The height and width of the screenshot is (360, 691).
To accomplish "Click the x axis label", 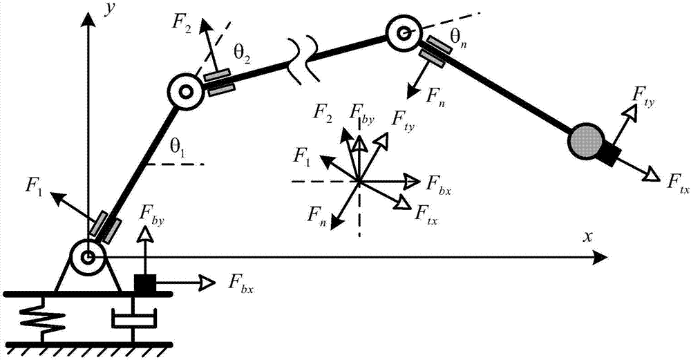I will (x=587, y=236).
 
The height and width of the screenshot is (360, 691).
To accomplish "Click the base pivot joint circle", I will (x=88, y=258).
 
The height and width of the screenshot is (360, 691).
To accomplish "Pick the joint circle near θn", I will (x=403, y=32).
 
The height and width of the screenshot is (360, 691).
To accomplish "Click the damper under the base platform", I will (x=134, y=319).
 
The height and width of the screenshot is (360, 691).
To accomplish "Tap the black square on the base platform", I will (x=144, y=283).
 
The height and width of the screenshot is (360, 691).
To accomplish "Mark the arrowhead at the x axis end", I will (x=601, y=258).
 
